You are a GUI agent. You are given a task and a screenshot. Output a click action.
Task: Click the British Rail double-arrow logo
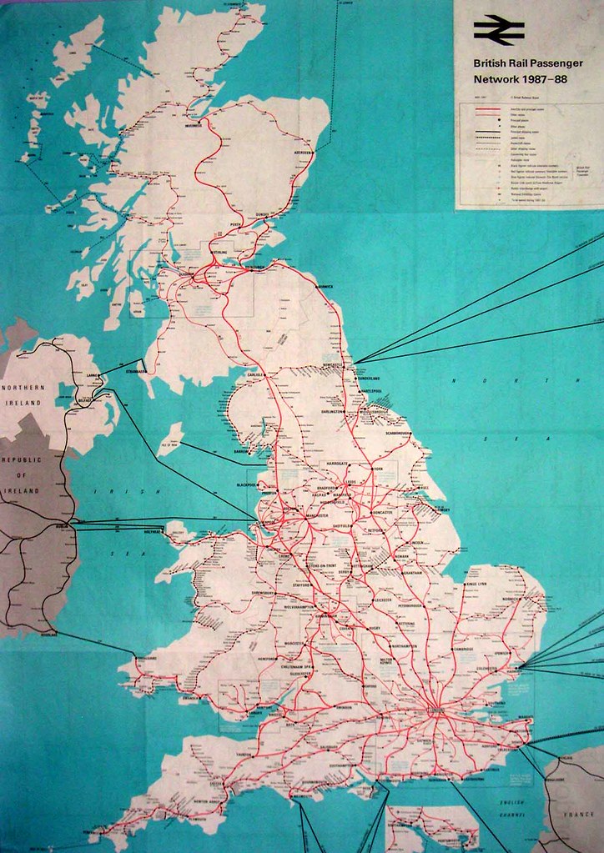[x=499, y=31]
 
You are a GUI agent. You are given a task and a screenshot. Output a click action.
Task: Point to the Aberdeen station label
[x=299, y=153]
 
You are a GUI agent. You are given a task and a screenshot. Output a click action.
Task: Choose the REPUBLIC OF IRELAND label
[x=23, y=476]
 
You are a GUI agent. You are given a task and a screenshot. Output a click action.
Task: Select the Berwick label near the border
[x=324, y=287]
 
